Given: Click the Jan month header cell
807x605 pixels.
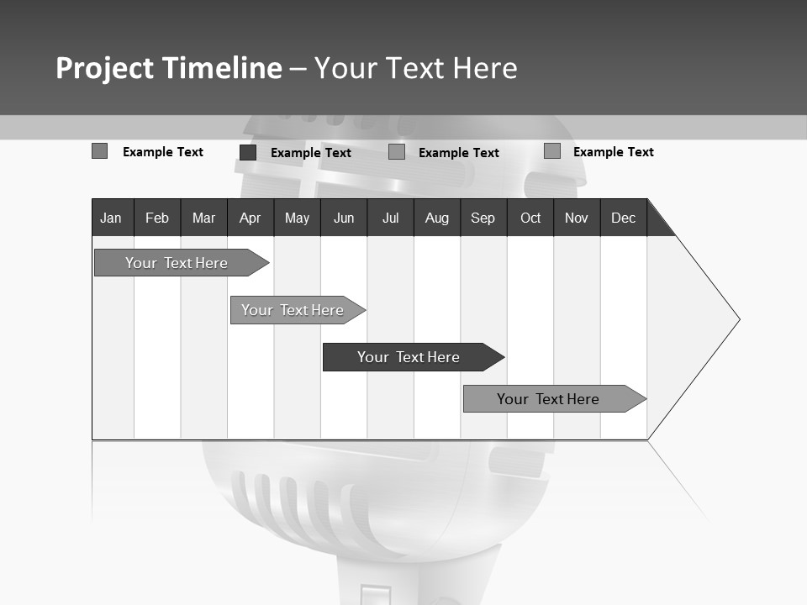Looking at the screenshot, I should [112, 218].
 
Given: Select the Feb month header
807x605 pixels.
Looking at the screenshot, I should [157, 218].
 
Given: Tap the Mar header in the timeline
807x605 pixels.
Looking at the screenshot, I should [203, 218].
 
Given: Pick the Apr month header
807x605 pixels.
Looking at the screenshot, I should [251, 218].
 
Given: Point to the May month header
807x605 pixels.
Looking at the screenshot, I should [297, 218].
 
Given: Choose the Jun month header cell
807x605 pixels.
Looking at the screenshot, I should [344, 218].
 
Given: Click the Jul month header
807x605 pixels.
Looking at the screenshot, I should [390, 218].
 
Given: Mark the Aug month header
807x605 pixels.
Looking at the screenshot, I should [437, 218].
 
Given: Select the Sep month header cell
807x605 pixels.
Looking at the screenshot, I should [483, 218].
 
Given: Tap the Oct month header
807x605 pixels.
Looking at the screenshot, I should [530, 218].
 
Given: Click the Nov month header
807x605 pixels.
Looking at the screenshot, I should [577, 218].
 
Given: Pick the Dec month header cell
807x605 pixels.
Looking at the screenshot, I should [624, 218].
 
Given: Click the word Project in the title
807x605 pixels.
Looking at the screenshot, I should [105, 68].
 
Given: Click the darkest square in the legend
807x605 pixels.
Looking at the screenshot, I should [248, 152].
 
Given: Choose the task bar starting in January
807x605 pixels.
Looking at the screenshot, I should [177, 263].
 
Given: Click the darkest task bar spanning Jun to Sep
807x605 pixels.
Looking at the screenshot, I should [409, 357].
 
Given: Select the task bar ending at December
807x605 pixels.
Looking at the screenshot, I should [549, 399].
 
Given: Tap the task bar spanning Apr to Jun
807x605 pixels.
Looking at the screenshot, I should [293, 310].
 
